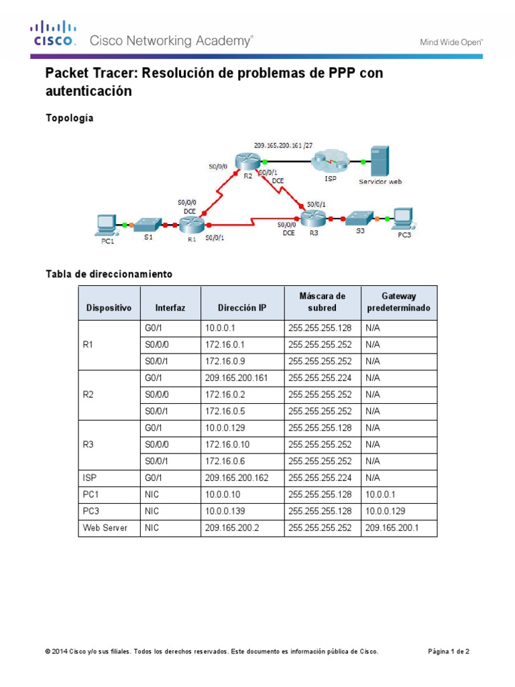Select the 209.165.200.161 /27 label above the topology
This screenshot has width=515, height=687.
287,144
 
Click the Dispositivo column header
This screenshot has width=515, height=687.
109,309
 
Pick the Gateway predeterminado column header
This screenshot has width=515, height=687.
398,302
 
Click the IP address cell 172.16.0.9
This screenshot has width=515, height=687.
223,360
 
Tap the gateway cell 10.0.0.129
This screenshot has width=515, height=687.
386,511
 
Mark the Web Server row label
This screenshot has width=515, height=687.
105,528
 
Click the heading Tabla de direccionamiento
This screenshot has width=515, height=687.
109,274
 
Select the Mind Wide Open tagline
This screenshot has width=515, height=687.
451,42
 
